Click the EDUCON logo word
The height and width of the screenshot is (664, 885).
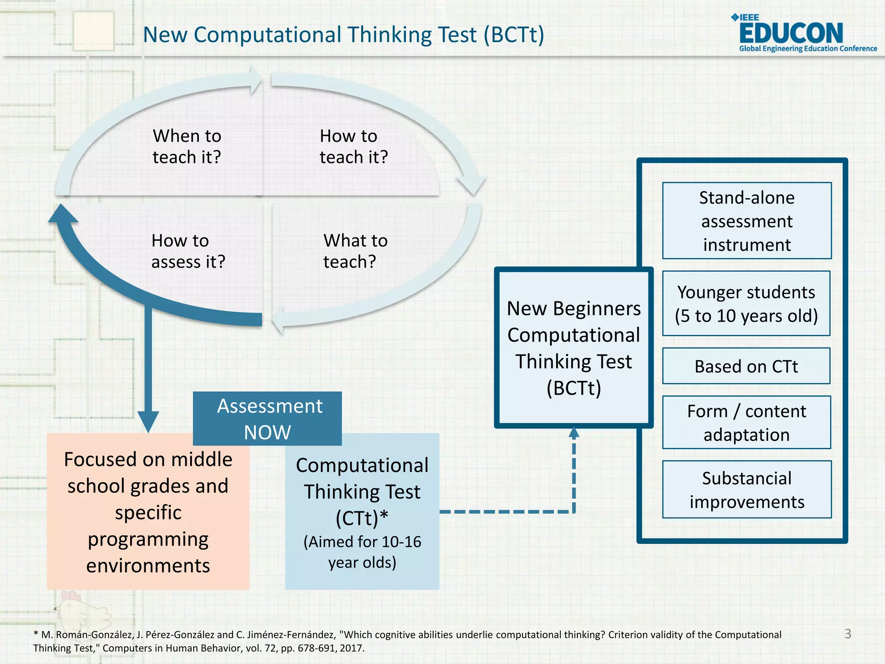pyautogui.click(x=791, y=33)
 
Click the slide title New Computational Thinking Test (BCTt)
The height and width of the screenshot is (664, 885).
pyautogui.click(x=344, y=35)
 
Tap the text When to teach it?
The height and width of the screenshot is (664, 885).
pyautogui.click(x=187, y=147)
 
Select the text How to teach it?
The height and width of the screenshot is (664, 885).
pyautogui.click(x=353, y=147)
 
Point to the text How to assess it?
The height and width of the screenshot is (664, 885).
pyautogui.click(x=188, y=251)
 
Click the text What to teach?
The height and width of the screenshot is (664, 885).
pyautogui.click(x=355, y=251)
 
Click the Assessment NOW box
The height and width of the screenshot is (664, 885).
pyautogui.click(x=267, y=418)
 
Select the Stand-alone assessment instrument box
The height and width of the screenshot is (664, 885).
pyautogui.click(x=747, y=221)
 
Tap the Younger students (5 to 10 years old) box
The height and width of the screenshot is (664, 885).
pyautogui.click(x=746, y=304)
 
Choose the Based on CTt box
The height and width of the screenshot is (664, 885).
pyautogui.click(x=746, y=366)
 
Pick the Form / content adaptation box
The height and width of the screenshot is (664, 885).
pyautogui.click(x=746, y=423)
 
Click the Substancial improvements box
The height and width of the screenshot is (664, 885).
pyautogui.click(x=747, y=490)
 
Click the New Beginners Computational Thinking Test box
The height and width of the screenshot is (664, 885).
pyautogui.click(x=573, y=348)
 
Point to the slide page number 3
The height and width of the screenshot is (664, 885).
pyautogui.click(x=848, y=634)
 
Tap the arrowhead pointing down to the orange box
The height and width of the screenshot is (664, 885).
pyautogui.click(x=148, y=421)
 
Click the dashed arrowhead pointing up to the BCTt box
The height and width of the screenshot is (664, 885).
pyautogui.click(x=574, y=433)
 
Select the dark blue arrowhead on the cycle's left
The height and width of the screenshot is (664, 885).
pyautogui.click(x=63, y=214)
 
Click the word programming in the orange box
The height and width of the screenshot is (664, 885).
pyautogui.click(x=148, y=539)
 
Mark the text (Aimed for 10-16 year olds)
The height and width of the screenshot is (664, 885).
pyautogui.click(x=362, y=552)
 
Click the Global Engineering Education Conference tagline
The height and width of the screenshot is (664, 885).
pyautogui.click(x=808, y=48)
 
